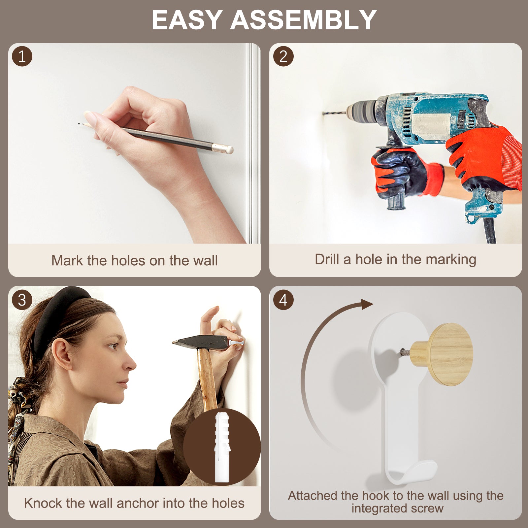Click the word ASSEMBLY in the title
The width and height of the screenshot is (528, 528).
coord(303,20)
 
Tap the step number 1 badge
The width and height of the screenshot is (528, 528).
coord(22,56)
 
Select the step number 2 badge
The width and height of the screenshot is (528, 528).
coord(283,56)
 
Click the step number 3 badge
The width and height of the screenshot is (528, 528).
coord(22,300)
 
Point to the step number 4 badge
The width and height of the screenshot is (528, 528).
coord(283,300)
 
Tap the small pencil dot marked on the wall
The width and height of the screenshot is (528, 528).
coord(79,124)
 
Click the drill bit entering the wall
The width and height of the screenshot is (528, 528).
coord(334,113)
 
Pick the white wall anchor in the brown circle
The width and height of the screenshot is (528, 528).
coord(222,447)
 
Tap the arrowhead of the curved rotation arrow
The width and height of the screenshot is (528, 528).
coord(367,304)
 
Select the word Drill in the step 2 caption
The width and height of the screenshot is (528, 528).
coord(327,259)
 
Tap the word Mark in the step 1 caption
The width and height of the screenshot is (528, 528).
coord(67,260)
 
